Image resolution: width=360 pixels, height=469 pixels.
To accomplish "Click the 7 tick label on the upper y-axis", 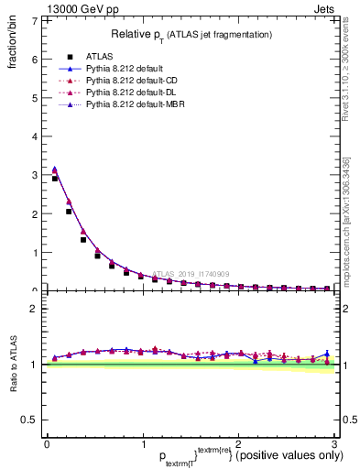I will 34,20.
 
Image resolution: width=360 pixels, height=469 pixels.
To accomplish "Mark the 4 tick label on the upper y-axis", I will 34,136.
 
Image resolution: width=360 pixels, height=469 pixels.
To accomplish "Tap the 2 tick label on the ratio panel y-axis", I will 34,309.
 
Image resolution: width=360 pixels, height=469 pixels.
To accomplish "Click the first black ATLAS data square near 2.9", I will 55,179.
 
